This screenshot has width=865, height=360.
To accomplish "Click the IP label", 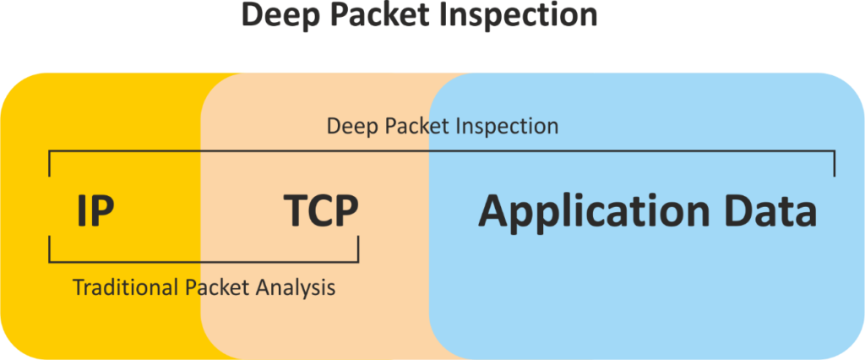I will pyautogui.click(x=95, y=211).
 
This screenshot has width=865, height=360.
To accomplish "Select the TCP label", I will pyautogui.click(x=321, y=211).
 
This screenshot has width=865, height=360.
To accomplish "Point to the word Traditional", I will pyautogui.click(x=126, y=287).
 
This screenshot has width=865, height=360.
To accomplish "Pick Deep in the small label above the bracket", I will pyautogui.click(x=351, y=127).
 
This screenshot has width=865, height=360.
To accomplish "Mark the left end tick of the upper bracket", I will pyautogui.click(x=50, y=163).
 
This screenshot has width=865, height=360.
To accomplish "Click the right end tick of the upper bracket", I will pyautogui.click(x=835, y=163).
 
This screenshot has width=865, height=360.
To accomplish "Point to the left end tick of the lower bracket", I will pyautogui.click(x=50, y=249).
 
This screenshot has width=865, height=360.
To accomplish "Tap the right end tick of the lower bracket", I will pyautogui.click(x=358, y=249).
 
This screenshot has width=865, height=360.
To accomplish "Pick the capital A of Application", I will pyautogui.click(x=494, y=211).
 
